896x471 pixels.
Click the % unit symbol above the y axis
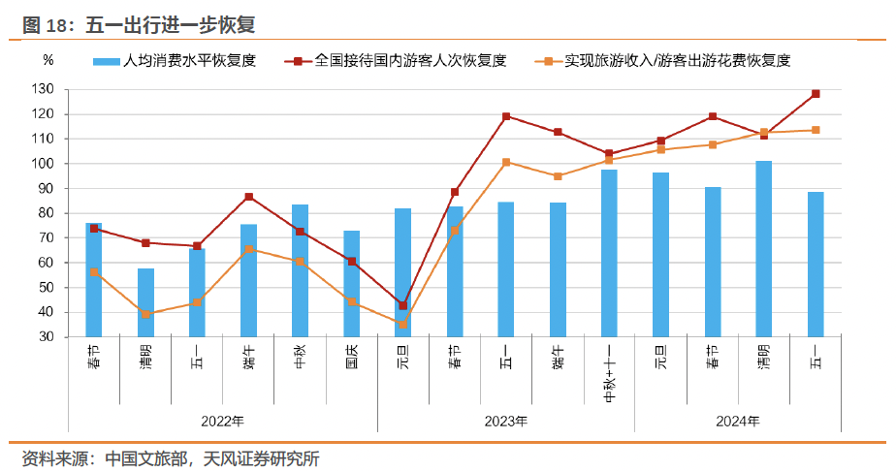tap(48, 60)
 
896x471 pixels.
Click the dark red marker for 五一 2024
tap(816, 94)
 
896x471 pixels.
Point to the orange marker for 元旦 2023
tap(402, 325)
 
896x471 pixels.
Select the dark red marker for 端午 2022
tap(248, 197)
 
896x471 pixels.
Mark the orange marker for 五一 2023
tap(506, 163)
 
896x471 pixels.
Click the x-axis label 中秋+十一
tap(609, 374)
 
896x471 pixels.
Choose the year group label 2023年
tap(506, 421)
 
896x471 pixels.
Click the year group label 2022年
tap(222, 421)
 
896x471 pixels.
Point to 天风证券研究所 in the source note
tap(262, 458)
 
